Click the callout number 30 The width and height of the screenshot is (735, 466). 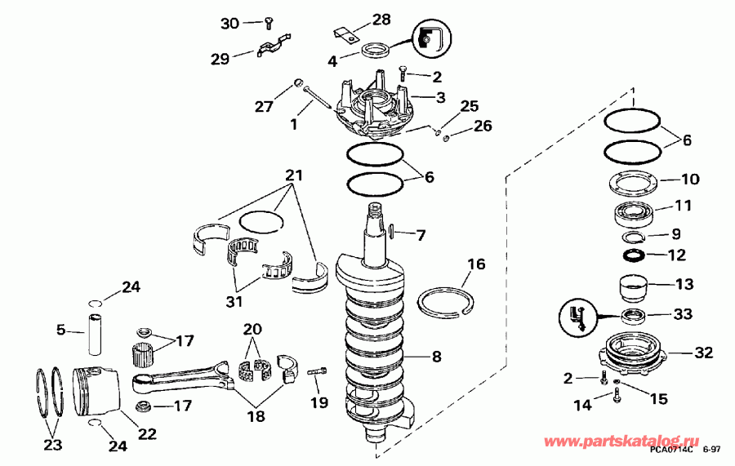229,24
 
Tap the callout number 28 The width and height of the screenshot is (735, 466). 381,19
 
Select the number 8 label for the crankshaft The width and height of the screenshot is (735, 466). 436,356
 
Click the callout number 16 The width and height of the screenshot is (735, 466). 476,264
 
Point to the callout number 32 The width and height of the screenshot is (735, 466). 703,353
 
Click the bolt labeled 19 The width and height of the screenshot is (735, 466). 318,374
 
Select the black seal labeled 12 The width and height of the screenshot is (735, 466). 635,256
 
